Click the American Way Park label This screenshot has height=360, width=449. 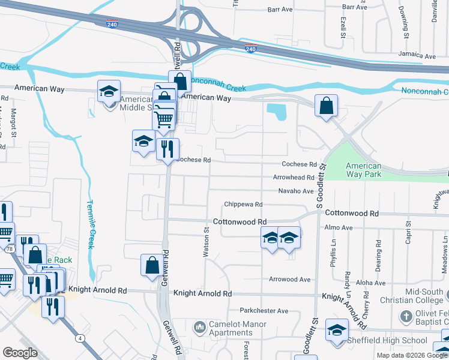coord(364,170)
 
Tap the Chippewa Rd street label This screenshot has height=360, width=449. coord(243,205)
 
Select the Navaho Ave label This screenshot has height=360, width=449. coord(296,191)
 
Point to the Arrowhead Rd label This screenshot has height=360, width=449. coord(294,178)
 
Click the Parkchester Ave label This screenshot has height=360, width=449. coord(264,311)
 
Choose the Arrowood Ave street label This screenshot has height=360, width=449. coord(289,280)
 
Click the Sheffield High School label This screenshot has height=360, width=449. coord(387,341)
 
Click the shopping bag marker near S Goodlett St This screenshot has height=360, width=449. coord(325,106)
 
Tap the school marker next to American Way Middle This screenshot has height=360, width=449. coord(109,91)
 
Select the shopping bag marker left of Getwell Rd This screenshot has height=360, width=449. coord(152,265)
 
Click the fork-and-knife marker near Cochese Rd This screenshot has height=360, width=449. coord(167,148)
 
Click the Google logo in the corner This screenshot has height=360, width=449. coord(20,353)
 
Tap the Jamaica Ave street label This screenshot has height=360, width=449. coord(418,56)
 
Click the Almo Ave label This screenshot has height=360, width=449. coord(339,228)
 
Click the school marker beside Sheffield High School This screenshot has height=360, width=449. coord(337,329)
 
